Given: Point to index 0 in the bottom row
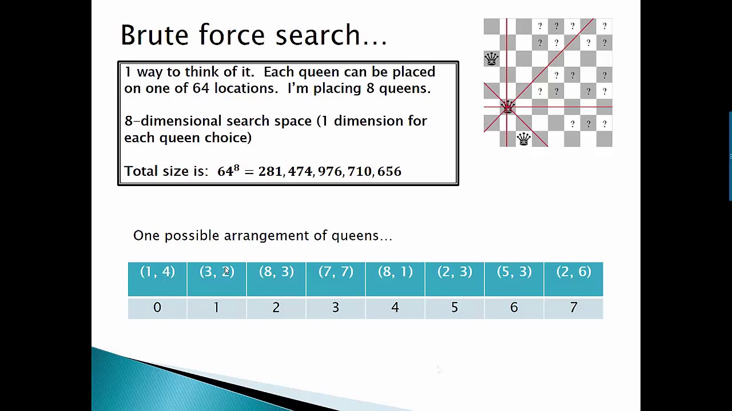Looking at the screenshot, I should (157, 308).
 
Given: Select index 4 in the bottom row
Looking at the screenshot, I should (395, 308).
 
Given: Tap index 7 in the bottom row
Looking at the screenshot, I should (573, 308).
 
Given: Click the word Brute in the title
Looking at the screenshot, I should (154, 35).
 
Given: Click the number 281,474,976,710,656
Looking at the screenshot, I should (329, 171).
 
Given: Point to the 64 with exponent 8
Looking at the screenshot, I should (228, 171).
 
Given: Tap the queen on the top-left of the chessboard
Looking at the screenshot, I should (491, 58).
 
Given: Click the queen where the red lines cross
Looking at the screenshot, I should (507, 107).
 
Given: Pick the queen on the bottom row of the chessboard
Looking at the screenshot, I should (523, 139).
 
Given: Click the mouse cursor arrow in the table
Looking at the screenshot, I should (226, 272).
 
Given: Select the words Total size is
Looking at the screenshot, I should (166, 171).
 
